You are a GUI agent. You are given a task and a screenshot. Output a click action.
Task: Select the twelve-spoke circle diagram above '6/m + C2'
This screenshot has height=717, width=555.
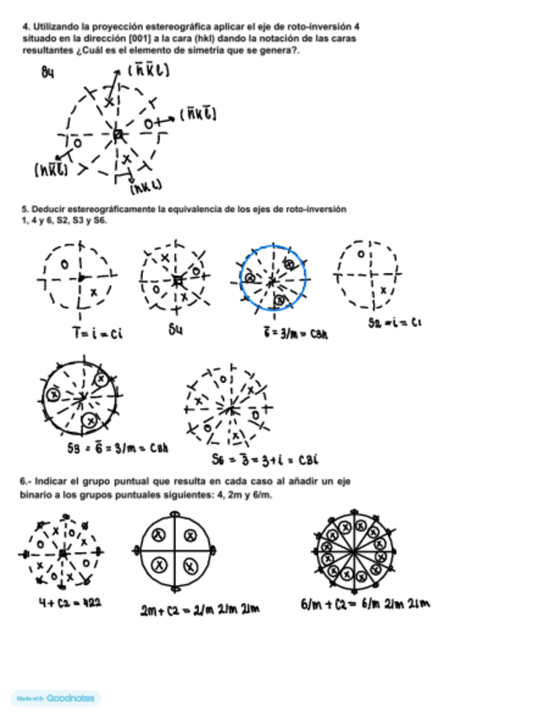pyautogui.click(x=349, y=550)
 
